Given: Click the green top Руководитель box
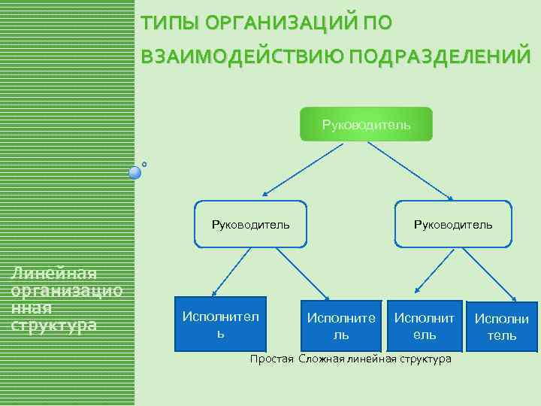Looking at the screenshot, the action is tap(367, 124).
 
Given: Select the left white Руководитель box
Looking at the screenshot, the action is tap(250, 224).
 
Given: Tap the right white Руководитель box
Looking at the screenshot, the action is tap(453, 224).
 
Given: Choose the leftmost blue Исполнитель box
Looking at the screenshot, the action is tap(220, 324).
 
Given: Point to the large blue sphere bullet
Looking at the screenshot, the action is tap(135, 173).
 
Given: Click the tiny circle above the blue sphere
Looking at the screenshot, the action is tap(144, 163).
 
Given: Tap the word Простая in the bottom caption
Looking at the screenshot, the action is tap(271, 359).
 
